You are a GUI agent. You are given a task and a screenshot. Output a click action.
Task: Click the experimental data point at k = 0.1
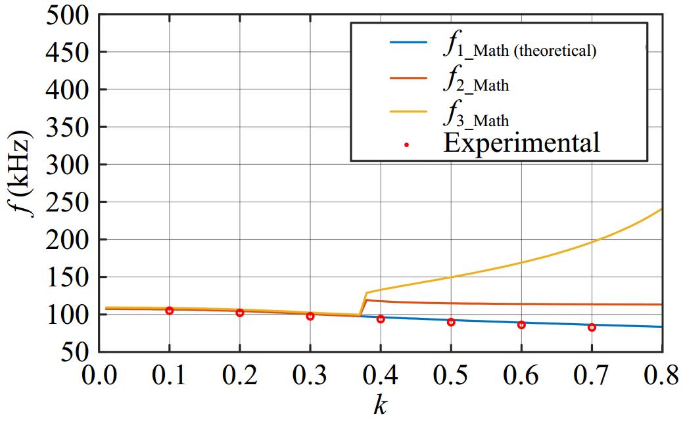[170, 310]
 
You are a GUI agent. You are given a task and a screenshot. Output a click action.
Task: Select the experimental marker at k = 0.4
[381, 319]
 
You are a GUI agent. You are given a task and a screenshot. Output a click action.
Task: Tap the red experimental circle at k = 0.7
[592, 327]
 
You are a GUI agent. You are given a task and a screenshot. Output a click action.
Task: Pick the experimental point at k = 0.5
[451, 322]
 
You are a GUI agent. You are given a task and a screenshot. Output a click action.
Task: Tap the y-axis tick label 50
[76, 352]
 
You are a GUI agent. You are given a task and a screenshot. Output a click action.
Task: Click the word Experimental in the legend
[521, 143]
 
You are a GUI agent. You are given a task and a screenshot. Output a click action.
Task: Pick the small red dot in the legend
[407, 145]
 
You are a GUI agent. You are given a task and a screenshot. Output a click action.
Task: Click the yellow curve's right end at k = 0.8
[661, 209]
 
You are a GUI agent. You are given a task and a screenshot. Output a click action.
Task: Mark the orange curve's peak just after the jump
[366, 300]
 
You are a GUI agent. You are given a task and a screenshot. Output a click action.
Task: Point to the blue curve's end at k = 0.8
[661, 326]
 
